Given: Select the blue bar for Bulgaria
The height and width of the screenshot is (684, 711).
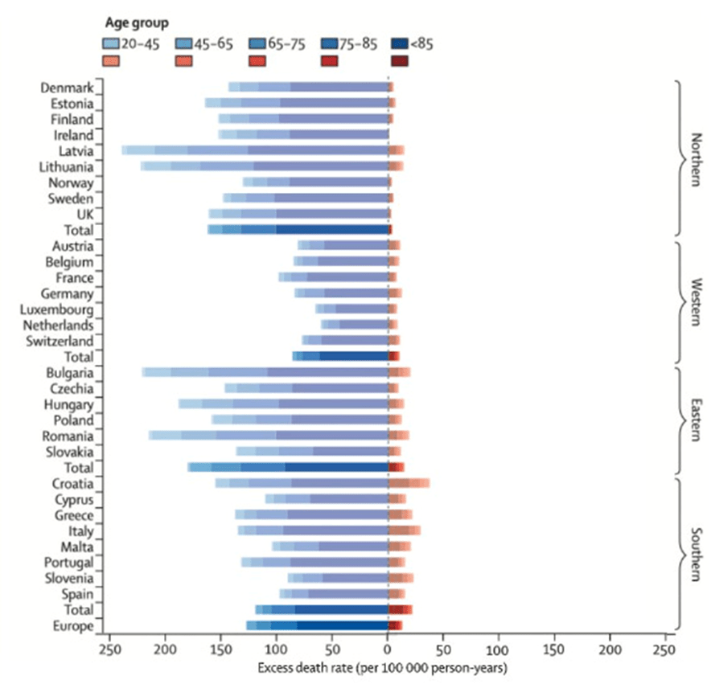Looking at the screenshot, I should pyautogui.click(x=265, y=372).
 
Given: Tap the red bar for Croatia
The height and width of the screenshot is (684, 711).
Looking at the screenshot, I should pyautogui.click(x=409, y=483).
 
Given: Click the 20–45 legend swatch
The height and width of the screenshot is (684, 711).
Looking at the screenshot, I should pyautogui.click(x=112, y=43).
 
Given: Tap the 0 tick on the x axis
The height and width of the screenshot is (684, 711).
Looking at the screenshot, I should pyautogui.click(x=388, y=648).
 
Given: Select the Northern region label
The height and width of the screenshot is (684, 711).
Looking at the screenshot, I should pyautogui.click(x=697, y=157).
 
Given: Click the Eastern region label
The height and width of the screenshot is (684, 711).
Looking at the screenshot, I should pyautogui.click(x=697, y=420).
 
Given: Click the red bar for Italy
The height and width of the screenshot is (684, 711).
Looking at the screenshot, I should pyautogui.click(x=405, y=530).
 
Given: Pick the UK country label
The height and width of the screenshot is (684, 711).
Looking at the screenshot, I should pyautogui.click(x=84, y=214).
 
